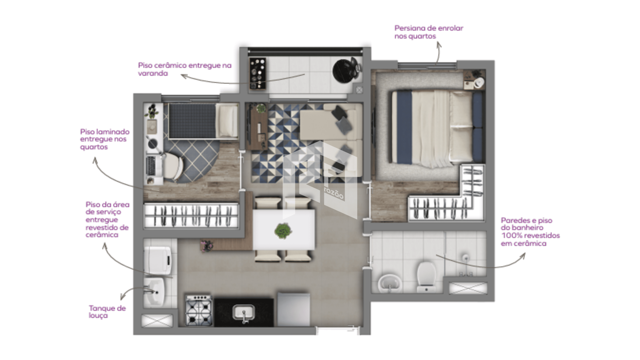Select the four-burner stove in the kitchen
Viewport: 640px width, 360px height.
coord(199,310)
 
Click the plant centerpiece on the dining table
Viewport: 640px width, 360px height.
coord(283,231)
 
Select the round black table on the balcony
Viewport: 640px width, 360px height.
coord(345,70)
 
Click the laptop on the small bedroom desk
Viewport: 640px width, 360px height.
coord(151,166)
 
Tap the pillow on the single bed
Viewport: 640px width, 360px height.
coord(228,121)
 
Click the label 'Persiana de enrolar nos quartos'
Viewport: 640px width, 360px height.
coord(429,32)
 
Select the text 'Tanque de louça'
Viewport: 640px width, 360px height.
coord(107,312)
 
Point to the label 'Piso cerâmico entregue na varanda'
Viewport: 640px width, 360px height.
coord(185,69)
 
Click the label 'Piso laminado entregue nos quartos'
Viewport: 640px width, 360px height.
coord(105,139)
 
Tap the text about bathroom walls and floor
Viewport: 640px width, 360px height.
coord(530,232)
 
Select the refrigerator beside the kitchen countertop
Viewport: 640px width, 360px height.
coord(293,309)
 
